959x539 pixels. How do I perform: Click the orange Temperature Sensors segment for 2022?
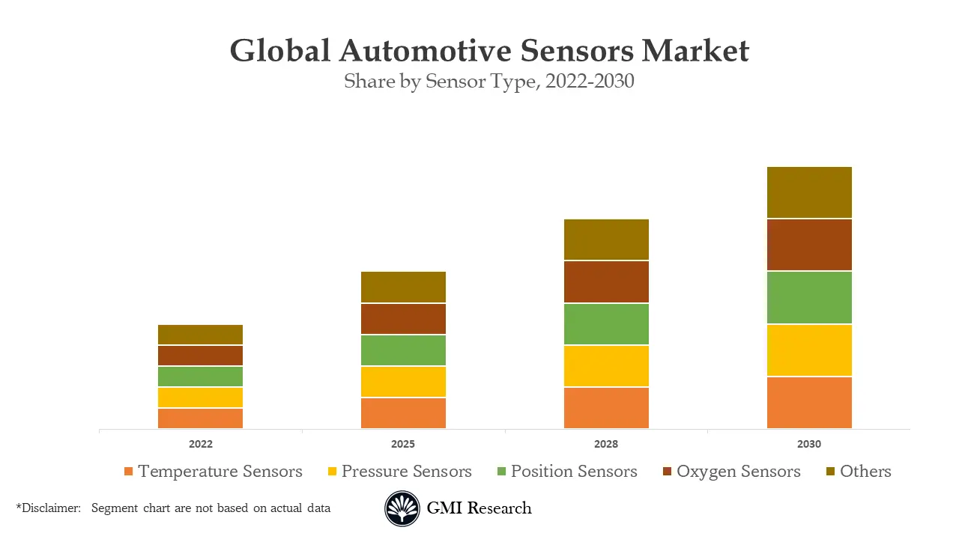click(200, 418)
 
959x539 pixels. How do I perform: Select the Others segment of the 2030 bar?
click(809, 192)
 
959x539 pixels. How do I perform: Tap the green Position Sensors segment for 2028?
click(606, 324)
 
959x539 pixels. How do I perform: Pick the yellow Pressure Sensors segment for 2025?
click(403, 382)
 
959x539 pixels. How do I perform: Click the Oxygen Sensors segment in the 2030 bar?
click(809, 245)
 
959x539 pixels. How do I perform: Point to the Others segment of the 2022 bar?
click(200, 335)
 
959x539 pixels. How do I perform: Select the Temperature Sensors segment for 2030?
click(809, 403)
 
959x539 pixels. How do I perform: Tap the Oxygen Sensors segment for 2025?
click(403, 319)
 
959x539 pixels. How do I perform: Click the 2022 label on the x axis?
click(200, 444)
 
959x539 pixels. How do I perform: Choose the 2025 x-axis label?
click(403, 444)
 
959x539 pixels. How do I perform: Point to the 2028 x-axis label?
click(606, 444)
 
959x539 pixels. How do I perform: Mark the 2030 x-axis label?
click(809, 444)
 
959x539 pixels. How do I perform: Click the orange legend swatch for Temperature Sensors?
click(128, 472)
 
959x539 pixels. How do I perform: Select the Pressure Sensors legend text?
click(406, 472)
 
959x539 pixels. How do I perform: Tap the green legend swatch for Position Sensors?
click(501, 472)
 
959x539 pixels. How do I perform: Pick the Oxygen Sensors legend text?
click(738, 472)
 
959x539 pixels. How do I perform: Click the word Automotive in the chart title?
click(425, 51)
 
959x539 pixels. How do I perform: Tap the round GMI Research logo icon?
click(402, 509)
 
